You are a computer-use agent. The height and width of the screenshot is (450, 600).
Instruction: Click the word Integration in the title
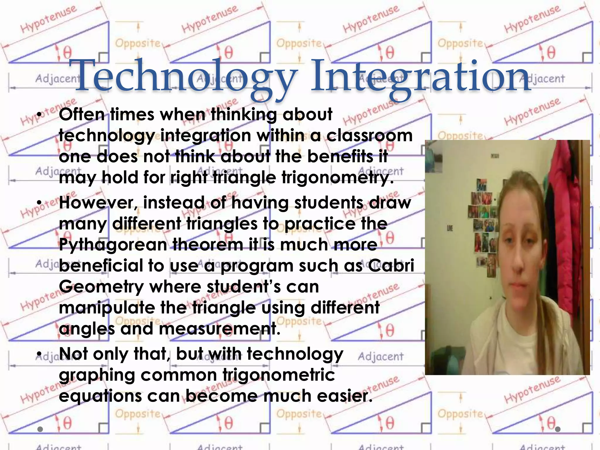421,77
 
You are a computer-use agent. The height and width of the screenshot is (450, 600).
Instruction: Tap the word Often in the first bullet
82,114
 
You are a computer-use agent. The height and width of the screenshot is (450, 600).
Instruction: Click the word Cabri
391,266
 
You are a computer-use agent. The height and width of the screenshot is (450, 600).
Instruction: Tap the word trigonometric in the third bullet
279,375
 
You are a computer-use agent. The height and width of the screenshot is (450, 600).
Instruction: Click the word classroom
369,136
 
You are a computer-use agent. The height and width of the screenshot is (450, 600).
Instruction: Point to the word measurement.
220,329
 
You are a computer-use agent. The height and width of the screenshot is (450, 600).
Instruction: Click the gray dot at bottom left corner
40,429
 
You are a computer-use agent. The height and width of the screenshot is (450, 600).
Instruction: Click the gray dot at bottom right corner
558,429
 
